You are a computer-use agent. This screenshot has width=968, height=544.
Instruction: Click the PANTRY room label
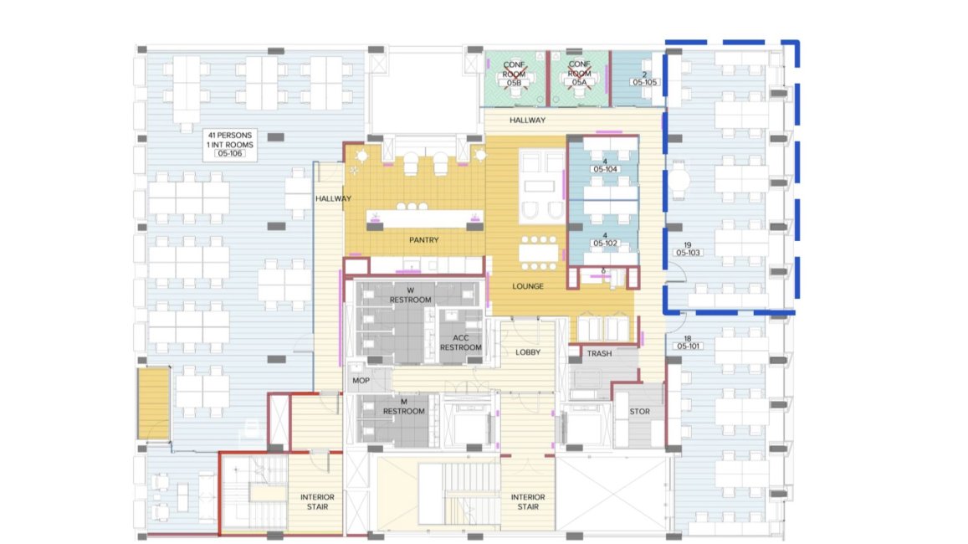tap(423, 239)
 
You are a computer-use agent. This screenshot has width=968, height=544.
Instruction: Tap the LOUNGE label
tap(528, 286)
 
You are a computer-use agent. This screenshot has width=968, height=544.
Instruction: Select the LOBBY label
tap(528, 352)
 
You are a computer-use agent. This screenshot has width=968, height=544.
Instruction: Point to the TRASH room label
tap(599, 353)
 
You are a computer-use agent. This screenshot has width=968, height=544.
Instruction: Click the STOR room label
tap(639, 411)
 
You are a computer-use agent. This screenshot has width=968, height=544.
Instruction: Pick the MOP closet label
tap(361, 380)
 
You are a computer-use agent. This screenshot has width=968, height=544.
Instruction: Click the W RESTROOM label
tap(411, 295)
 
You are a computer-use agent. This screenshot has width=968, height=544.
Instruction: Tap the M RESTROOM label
tap(404, 406)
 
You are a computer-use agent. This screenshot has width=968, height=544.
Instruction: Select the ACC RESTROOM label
tap(460, 342)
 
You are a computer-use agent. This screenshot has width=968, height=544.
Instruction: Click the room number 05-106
tap(229, 153)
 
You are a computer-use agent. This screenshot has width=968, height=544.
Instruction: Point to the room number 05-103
tap(688, 253)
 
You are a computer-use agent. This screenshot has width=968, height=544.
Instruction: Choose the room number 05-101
tap(688, 346)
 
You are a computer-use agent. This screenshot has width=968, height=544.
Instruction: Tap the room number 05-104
tap(605, 169)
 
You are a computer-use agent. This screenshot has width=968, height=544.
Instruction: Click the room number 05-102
tap(605, 244)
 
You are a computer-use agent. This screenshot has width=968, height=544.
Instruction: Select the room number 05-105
tap(644, 82)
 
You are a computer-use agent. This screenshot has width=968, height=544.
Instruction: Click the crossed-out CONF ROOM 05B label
tap(514, 74)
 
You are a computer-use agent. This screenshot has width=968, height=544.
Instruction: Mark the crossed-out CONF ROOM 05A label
tap(579, 74)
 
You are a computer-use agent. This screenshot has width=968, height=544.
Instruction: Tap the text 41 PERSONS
tap(229, 135)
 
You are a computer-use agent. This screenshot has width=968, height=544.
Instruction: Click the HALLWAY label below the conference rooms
tap(527, 120)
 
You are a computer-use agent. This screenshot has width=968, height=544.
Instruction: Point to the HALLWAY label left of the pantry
tap(333, 198)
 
